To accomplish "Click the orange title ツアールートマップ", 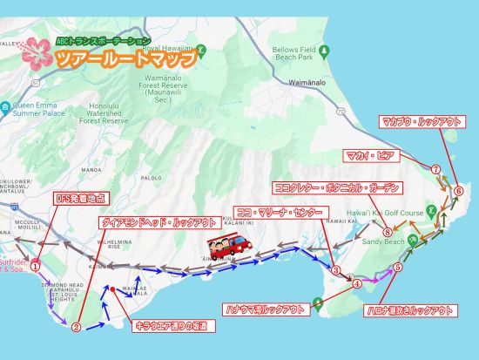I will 123,59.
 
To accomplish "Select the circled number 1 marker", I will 36,268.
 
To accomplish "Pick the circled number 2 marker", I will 76,328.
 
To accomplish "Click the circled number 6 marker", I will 458,190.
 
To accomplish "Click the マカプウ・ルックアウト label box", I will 420,122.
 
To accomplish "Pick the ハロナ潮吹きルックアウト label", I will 408,310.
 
